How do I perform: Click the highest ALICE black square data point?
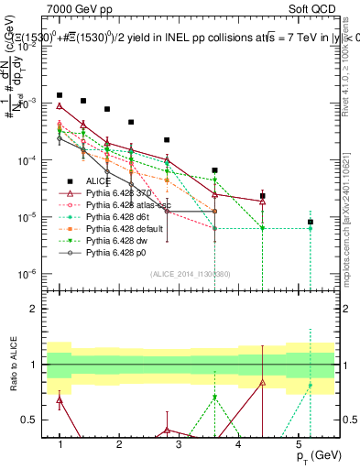60,95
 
